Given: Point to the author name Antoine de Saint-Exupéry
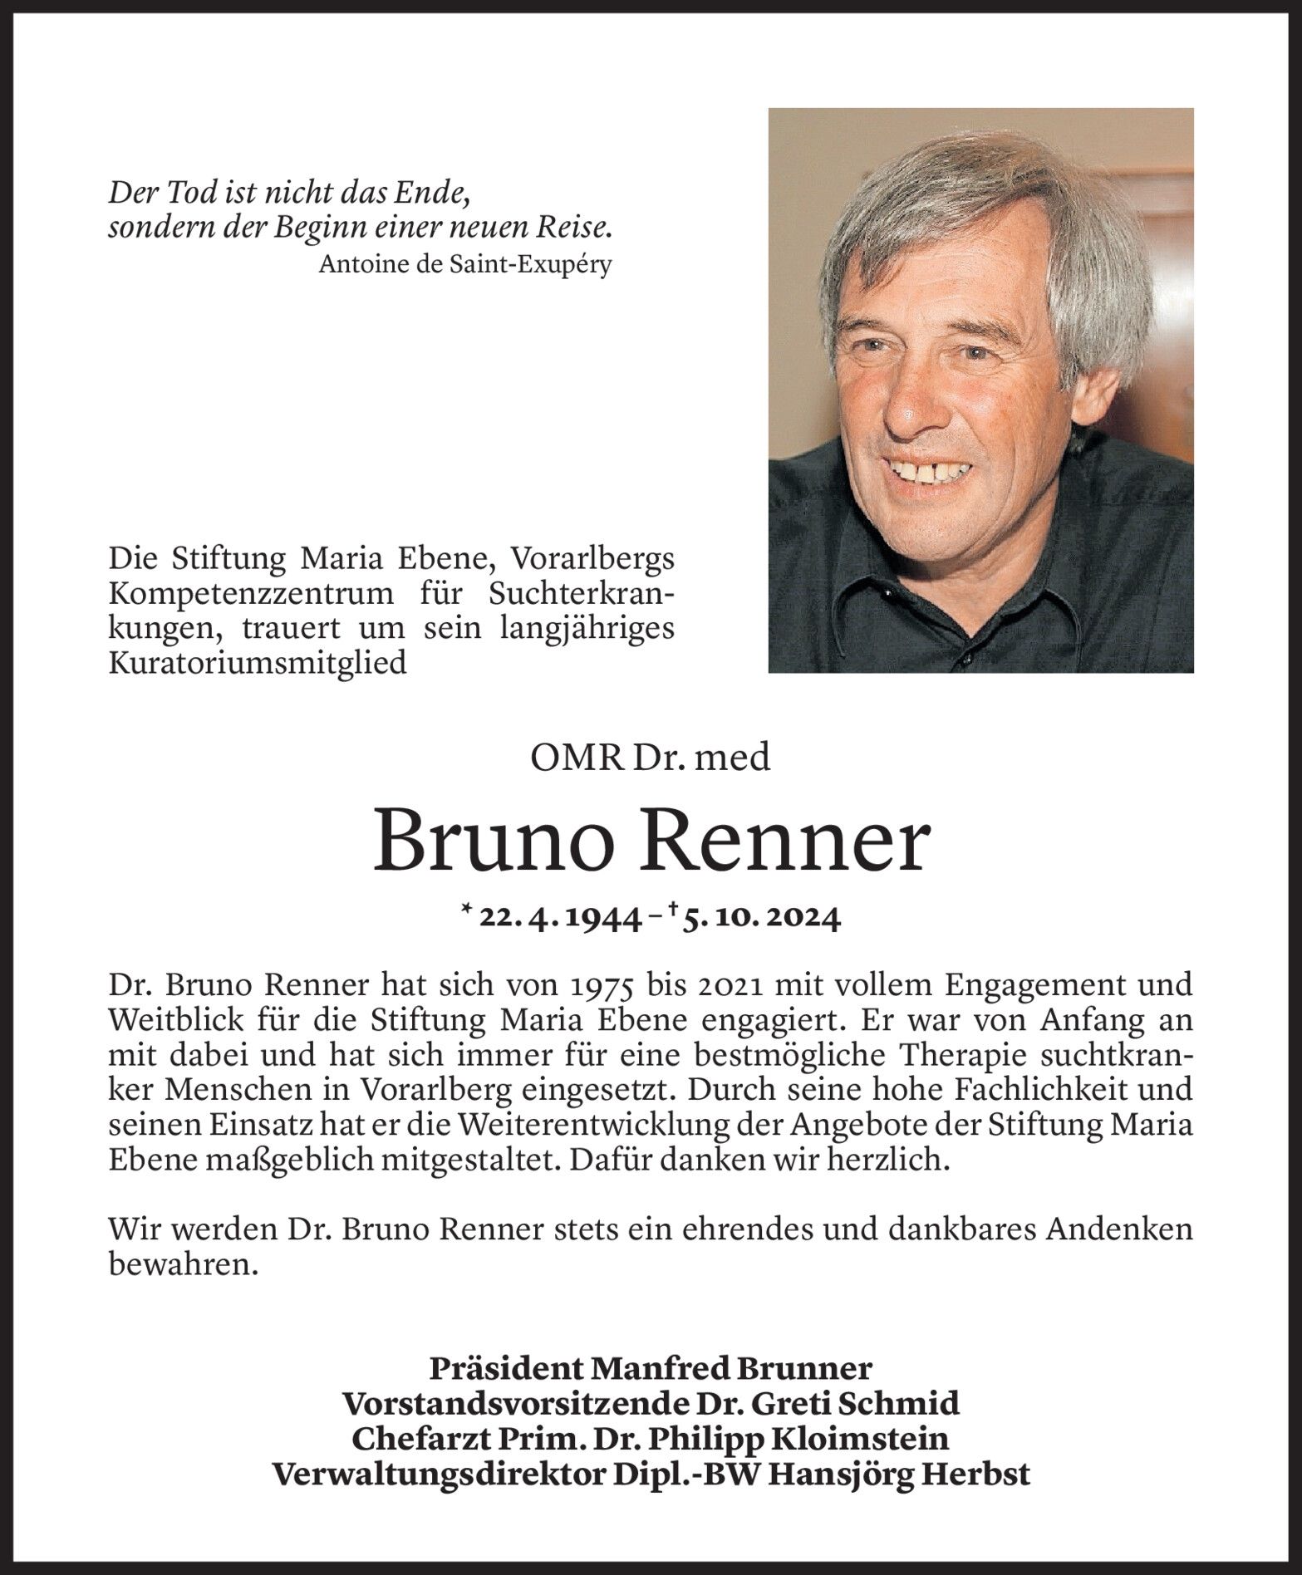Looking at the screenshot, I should coord(465,265).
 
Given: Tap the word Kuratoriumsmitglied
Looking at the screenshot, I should coord(258,664).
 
